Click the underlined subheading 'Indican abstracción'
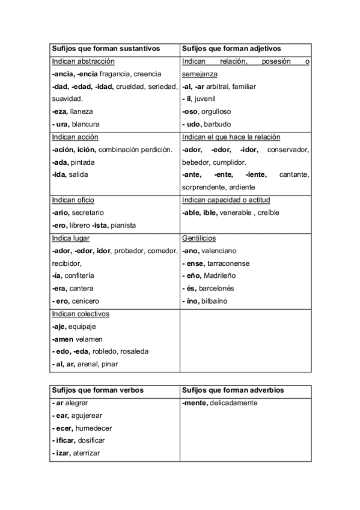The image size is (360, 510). tap(83, 61)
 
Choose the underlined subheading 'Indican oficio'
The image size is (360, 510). tap(73, 200)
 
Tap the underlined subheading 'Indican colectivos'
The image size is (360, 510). tap(81, 314)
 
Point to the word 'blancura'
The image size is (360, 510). tap(85, 124)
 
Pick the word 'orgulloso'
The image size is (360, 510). tap(215, 112)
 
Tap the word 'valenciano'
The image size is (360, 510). tap(218, 251)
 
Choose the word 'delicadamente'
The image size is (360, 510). tap(235, 403)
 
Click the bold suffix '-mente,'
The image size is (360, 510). tap(194, 403)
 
